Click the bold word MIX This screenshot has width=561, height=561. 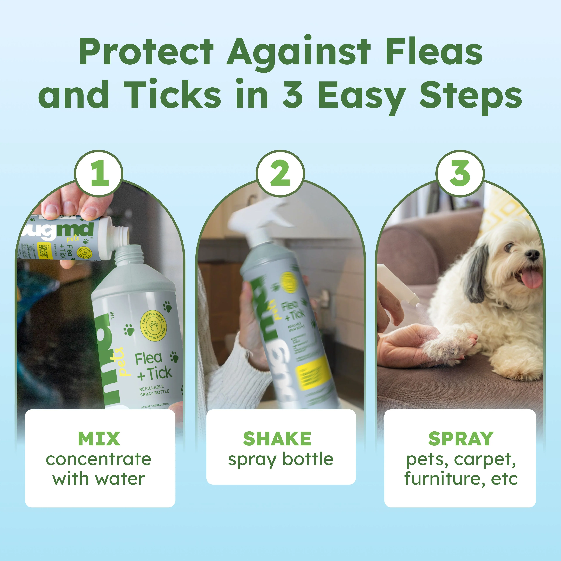pos(99,439)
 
